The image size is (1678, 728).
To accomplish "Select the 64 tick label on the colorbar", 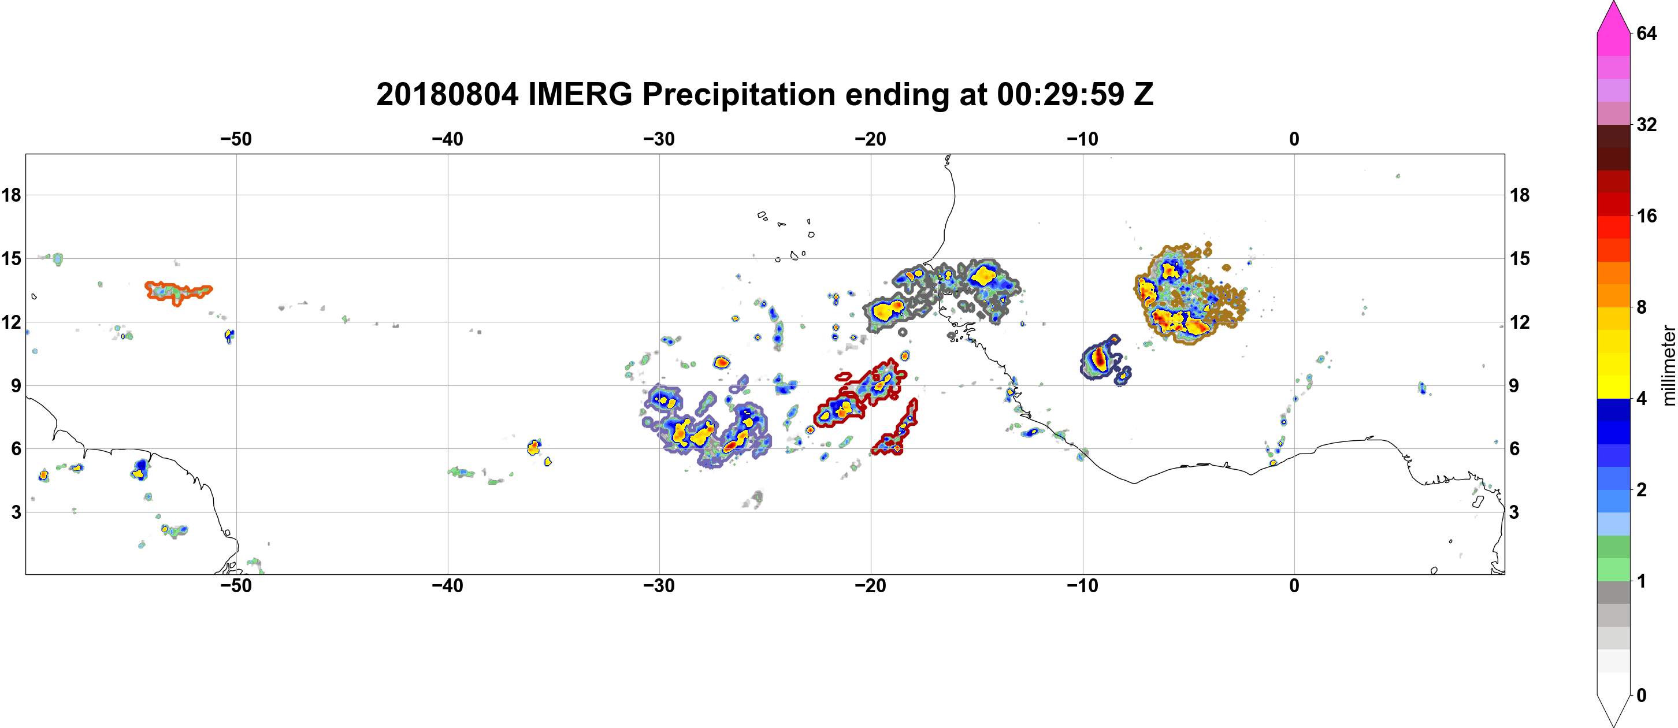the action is [1647, 33].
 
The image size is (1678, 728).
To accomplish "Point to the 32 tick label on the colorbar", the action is [1647, 124].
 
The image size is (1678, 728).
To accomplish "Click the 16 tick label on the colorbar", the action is [1647, 216].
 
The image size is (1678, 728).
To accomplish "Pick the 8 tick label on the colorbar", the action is [1642, 307].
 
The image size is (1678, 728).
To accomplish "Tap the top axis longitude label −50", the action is [236, 139].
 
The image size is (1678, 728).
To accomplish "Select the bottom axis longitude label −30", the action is [659, 586].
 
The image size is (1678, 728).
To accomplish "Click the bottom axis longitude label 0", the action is [1294, 586].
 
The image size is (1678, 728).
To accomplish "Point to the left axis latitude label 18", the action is [11, 195].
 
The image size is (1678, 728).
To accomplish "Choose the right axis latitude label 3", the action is [1514, 512].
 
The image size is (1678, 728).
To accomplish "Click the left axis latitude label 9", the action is [16, 385].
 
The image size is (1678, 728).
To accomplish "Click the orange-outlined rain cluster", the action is [178, 292].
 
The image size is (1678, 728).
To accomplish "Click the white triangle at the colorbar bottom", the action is [1613, 710].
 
